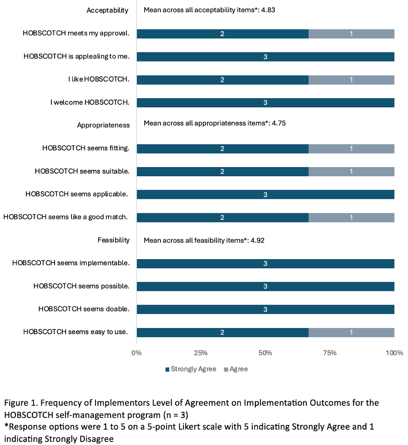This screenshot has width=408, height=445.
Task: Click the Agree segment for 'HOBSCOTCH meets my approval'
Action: coord(351,34)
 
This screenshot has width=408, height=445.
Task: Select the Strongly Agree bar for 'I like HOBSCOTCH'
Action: coord(222,79)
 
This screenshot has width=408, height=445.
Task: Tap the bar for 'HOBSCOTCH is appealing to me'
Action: coord(265,57)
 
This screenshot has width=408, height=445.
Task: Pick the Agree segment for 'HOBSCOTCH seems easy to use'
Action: coord(351,332)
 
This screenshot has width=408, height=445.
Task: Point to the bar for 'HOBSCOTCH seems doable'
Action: coord(265,309)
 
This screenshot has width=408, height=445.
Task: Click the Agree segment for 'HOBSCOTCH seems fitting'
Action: coord(351,149)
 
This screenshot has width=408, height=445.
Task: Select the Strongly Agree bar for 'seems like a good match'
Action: coord(222,217)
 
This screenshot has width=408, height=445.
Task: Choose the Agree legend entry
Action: coord(236,369)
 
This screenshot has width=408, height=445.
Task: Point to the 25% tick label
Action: coord(201,353)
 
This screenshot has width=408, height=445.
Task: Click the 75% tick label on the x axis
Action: coord(330,353)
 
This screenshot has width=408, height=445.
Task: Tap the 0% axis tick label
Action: coord(136,353)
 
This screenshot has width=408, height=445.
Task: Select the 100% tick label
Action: coord(394,353)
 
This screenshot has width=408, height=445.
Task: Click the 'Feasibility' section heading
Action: coord(113,240)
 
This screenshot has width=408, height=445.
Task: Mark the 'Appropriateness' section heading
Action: coord(103,125)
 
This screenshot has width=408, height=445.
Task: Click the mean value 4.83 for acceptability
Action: coord(268,10)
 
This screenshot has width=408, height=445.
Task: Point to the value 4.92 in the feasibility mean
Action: coord(258,240)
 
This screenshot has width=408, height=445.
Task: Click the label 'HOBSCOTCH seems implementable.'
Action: coord(71,263)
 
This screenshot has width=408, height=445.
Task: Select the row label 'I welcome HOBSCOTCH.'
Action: coord(90,103)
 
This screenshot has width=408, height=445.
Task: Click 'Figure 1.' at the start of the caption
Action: coord(18,402)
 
